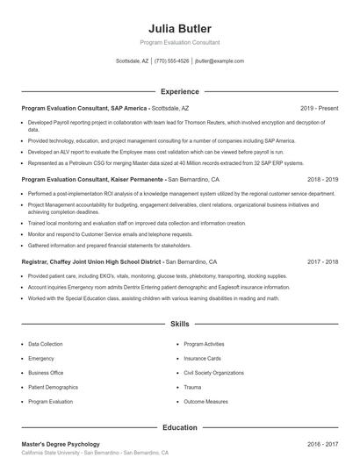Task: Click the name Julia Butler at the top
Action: tap(179, 29)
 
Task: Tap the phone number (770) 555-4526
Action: tap(172, 61)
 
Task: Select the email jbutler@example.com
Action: tap(220, 61)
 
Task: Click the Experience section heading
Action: tap(179, 91)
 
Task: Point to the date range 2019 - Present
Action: tap(319, 108)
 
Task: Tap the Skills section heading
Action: tap(179, 324)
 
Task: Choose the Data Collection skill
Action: tap(46, 345)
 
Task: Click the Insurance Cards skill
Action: tap(203, 359)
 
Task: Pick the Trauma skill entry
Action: tap(192, 387)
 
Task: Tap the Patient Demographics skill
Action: tap(54, 387)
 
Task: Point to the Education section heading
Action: tap(179, 427)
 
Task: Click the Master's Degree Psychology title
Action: tap(61, 444)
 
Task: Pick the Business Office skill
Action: tap(47, 373)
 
